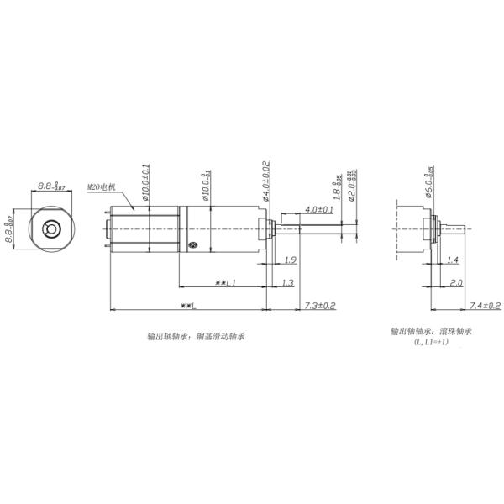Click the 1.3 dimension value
tap(287, 282)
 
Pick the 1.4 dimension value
tap(452, 260)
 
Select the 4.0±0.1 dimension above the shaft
tap(318, 208)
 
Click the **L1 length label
tap(224, 282)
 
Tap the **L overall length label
tap(186, 305)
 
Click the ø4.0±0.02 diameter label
tap(266, 180)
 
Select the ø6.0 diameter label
tap(429, 182)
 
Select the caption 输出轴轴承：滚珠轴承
tap(431, 331)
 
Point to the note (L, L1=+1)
tap(431, 343)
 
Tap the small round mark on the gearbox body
tap(192, 244)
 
